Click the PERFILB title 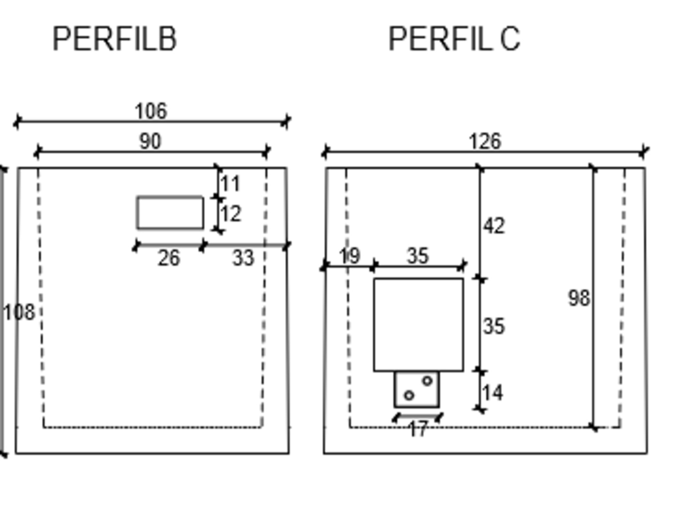point(114,39)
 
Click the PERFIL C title point(454,39)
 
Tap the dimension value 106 point(151,111)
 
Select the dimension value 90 point(150,141)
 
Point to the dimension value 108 point(19,312)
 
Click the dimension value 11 point(230,184)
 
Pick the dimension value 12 point(231,214)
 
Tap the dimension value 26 point(169,258)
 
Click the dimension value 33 point(243,258)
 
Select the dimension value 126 point(484,141)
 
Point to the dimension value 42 point(494,226)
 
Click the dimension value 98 point(579,298)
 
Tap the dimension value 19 point(349,256)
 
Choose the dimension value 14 point(493,393)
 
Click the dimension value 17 point(418,429)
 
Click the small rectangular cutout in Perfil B point(170,213)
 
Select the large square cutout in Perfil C point(418,325)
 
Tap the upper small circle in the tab point(427,381)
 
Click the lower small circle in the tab point(409,396)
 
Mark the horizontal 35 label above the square point(418,256)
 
